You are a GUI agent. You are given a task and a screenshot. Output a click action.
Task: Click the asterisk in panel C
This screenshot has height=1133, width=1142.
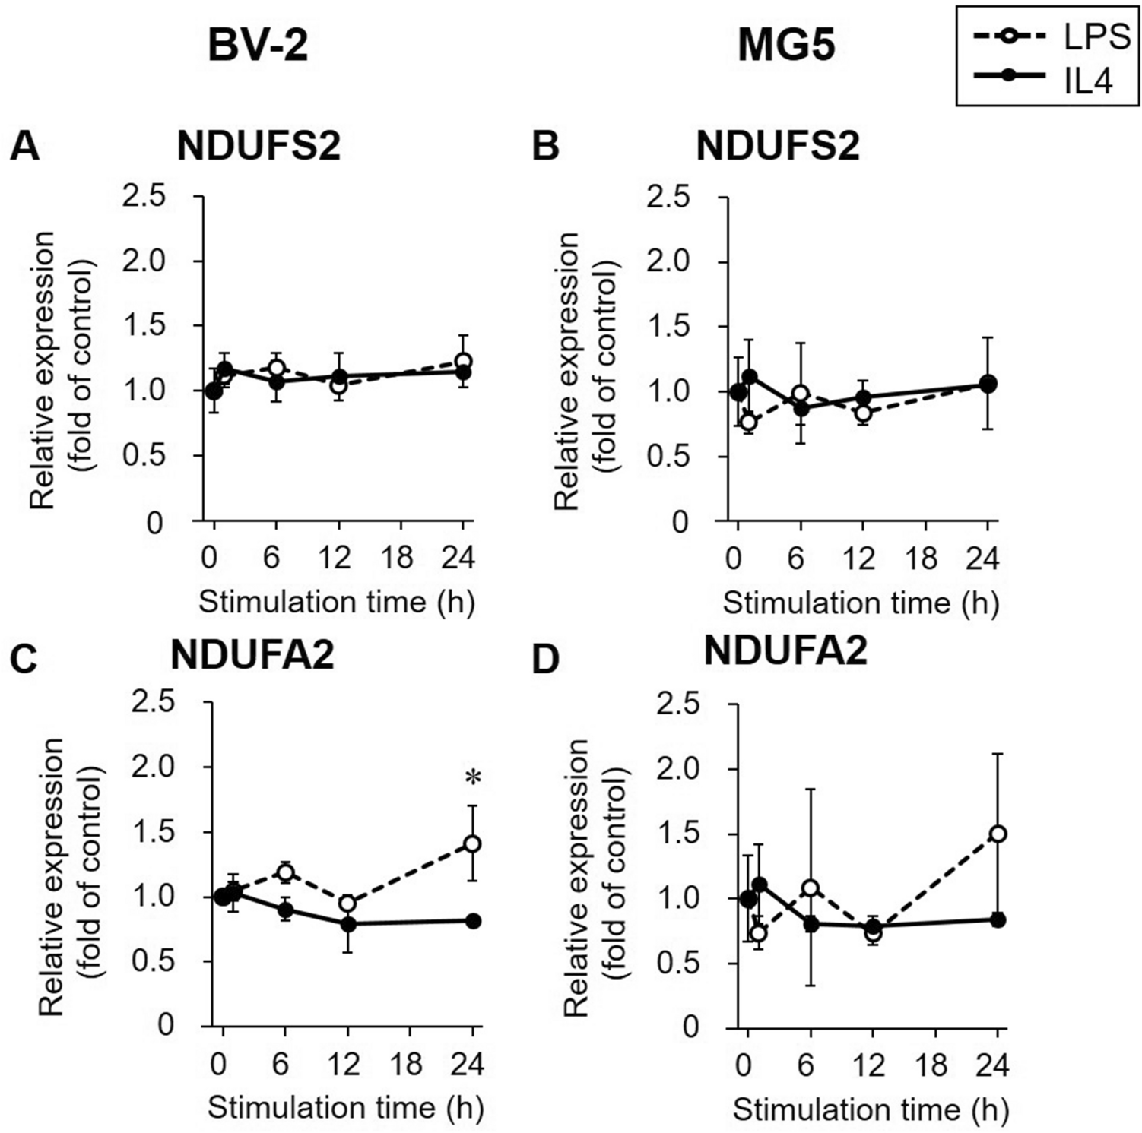pos(474,778)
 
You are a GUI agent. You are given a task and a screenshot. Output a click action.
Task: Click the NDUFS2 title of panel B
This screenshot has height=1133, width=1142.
pos(777,145)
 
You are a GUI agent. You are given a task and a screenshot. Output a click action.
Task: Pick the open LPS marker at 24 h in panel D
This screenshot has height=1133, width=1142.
pos(998,834)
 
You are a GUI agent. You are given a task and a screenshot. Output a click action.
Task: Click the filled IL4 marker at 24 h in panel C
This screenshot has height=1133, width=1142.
pos(474,921)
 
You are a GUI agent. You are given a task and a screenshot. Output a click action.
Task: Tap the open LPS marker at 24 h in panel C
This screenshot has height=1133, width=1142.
pos(472,843)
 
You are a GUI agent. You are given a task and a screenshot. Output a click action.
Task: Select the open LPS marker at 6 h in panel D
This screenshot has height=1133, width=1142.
pos(811,888)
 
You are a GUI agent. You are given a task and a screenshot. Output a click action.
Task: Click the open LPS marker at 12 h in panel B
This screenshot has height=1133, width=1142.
pos(862,413)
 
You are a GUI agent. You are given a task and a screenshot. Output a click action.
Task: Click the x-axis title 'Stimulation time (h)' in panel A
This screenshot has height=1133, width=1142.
pos(336,602)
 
